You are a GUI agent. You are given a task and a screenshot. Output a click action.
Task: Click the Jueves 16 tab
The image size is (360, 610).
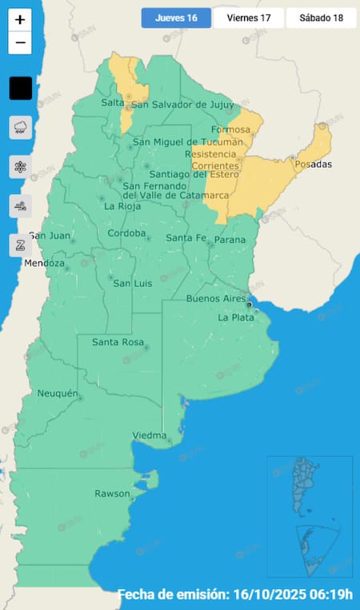[x=176, y=18]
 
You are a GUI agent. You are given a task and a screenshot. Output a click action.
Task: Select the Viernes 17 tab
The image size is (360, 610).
[x=248, y=18]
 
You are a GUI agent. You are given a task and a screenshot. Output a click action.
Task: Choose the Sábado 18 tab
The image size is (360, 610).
[x=320, y=18]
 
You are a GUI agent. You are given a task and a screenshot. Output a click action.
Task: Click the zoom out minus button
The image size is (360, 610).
[x=20, y=43]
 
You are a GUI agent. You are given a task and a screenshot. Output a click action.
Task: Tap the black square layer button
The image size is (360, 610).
[x=20, y=88]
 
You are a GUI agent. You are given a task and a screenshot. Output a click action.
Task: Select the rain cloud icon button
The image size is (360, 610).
[x=20, y=127]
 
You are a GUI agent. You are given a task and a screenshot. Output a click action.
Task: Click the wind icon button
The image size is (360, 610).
[x=20, y=206]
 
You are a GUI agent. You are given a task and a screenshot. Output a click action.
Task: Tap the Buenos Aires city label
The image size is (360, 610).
[x=216, y=298]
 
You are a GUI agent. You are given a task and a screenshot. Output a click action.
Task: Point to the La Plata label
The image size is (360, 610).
[x=236, y=317]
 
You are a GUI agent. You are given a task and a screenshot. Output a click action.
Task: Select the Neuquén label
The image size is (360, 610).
[x=58, y=393]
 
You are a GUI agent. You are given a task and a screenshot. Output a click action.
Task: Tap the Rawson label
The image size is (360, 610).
[x=112, y=493]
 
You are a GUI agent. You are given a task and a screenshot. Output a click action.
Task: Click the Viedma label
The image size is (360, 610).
[x=149, y=435]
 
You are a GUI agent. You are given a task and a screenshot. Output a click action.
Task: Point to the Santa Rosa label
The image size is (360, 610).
[x=118, y=342]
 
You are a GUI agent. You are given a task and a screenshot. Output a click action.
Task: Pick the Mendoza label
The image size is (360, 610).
[x=43, y=263]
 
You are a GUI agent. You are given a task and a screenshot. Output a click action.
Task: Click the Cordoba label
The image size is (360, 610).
[x=127, y=233]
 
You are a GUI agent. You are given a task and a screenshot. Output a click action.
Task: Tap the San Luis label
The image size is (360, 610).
[x=132, y=283]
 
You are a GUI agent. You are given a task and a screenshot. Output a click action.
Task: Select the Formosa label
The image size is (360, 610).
[x=230, y=130]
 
